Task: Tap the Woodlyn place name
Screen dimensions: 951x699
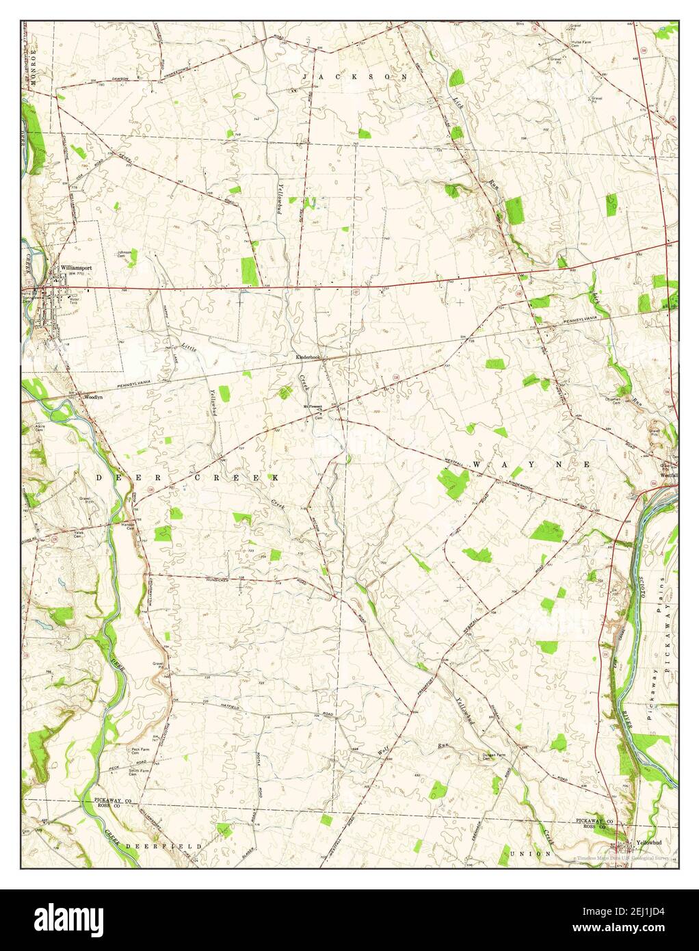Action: click(x=92, y=396)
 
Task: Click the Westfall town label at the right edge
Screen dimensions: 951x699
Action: click(x=669, y=472)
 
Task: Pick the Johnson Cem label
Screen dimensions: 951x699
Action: click(x=124, y=255)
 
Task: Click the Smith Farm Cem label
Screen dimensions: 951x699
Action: click(x=140, y=771)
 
